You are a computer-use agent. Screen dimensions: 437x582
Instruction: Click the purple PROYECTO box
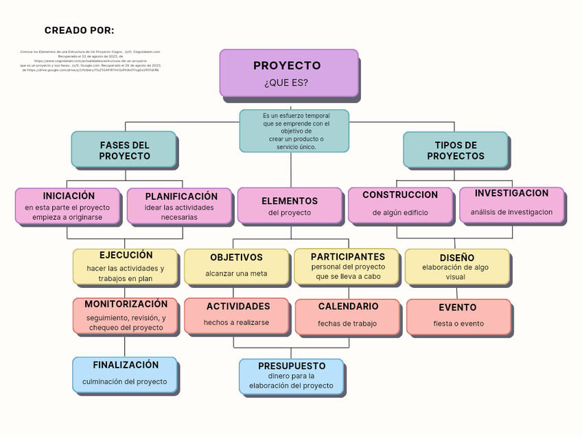288,73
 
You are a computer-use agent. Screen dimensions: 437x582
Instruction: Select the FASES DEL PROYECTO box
124,149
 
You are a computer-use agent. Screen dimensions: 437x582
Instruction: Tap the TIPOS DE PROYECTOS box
455,150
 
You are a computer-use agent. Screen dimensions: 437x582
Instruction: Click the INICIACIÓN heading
69,197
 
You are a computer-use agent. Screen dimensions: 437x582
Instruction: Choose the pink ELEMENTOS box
289,205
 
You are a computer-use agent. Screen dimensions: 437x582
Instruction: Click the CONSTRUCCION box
400,205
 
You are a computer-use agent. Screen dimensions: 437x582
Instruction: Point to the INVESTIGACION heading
511,194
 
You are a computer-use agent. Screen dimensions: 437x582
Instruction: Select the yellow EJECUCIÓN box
125,267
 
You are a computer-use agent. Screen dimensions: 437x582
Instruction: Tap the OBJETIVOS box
236,267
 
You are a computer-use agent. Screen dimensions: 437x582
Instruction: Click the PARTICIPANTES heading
348,257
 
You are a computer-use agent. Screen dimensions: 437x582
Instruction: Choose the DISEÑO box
456,267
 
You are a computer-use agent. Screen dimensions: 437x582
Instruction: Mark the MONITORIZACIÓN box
126,315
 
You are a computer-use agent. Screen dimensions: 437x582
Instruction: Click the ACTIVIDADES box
237,315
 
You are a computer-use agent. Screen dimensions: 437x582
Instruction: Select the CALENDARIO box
347,316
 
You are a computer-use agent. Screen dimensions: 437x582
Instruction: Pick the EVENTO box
458,316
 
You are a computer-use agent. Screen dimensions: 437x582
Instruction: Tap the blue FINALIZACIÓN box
125,374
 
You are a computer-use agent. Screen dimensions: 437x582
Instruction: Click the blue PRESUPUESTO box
291,376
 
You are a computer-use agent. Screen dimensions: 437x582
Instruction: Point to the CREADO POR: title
80,30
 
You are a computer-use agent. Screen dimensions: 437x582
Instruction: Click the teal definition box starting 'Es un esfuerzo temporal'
294,131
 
